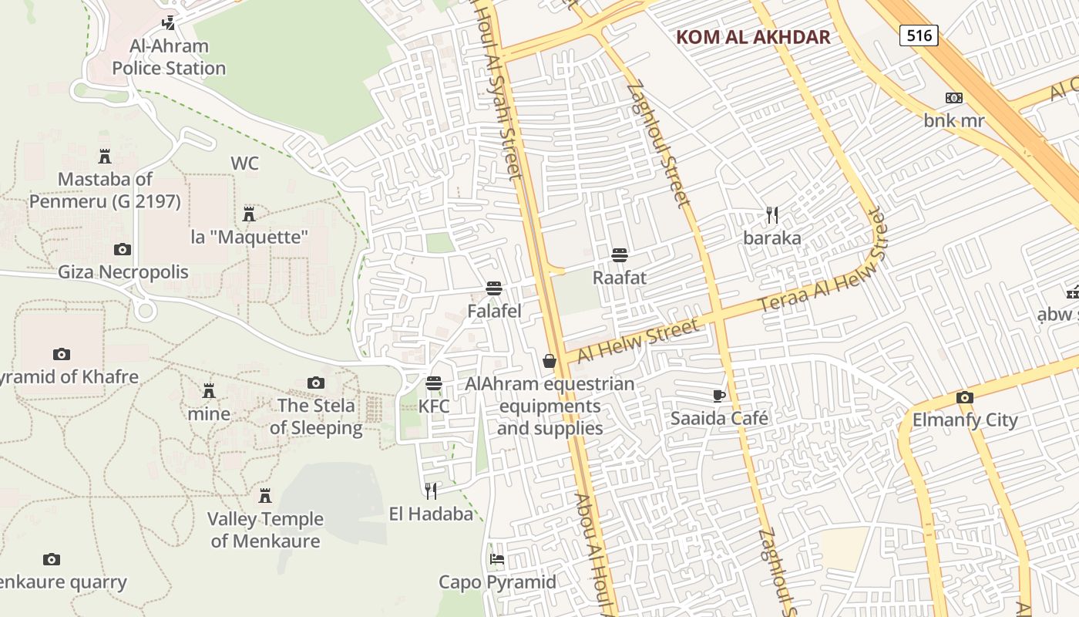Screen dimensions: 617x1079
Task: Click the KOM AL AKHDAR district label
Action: pos(753,37)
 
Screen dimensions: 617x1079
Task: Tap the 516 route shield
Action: pos(919,35)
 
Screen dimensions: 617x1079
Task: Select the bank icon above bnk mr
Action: pos(954,98)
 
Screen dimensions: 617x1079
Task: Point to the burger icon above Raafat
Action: pos(619,255)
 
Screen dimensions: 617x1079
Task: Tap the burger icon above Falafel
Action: pos(494,288)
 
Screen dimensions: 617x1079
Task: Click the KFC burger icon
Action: pos(434,383)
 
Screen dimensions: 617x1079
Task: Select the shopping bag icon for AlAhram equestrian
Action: pos(550,360)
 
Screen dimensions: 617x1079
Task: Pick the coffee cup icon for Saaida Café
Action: pos(719,396)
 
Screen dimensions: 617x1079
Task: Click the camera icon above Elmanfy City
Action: pos(964,398)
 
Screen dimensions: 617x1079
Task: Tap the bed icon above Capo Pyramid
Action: pos(497,559)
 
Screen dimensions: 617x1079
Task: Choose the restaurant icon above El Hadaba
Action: pos(431,491)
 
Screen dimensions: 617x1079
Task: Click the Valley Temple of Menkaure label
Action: pos(265,530)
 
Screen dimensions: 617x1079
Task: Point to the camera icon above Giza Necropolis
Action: pos(123,249)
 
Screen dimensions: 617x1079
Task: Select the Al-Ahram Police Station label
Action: pos(169,57)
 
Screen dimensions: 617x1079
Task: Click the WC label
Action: pos(244,164)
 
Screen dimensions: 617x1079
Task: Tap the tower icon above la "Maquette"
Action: pos(249,214)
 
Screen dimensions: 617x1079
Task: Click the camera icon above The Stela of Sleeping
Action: pos(315,383)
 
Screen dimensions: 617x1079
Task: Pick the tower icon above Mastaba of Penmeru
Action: pos(105,157)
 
